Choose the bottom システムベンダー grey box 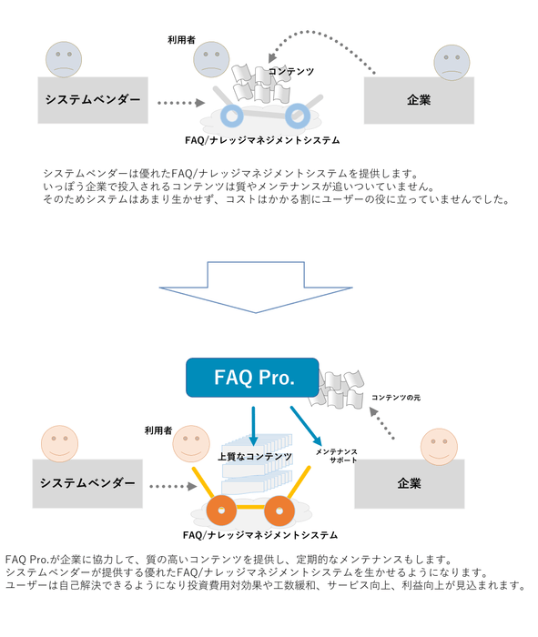(87, 481)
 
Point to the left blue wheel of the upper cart (236, 116)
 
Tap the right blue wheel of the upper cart (297, 116)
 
